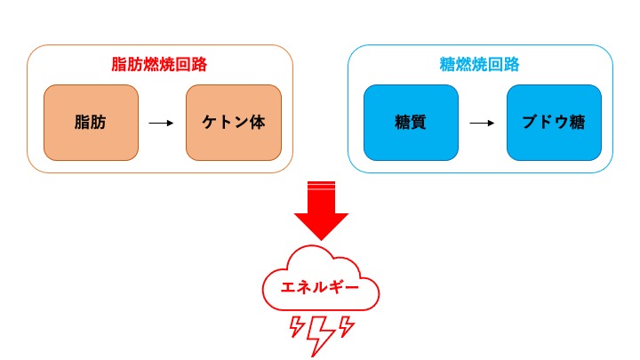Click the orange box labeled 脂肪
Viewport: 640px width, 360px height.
pyautogui.click(x=91, y=123)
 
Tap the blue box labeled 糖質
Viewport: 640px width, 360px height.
pyautogui.click(x=412, y=123)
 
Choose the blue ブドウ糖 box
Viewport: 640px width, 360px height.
pyautogui.click(x=554, y=123)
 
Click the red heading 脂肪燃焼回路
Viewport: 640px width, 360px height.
pyautogui.click(x=159, y=65)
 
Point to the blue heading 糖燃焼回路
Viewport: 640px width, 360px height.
pyautogui.click(x=480, y=65)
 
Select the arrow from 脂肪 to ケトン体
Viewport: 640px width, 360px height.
pyautogui.click(x=161, y=123)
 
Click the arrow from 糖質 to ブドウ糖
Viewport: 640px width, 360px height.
pyautogui.click(x=482, y=123)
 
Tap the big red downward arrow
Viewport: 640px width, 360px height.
pyautogui.click(x=321, y=213)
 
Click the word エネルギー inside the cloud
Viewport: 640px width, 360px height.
pyautogui.click(x=320, y=289)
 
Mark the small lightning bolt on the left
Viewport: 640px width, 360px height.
pyautogui.click(x=296, y=327)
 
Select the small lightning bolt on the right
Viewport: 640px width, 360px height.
pyautogui.click(x=346, y=327)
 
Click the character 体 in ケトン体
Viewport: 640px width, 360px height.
pyautogui.click(x=259, y=123)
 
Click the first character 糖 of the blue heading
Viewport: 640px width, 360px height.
pyautogui.click(x=448, y=65)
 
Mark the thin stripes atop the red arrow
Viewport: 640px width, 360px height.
pyautogui.click(x=321, y=184)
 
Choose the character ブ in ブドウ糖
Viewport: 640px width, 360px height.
pyautogui.click(x=528, y=123)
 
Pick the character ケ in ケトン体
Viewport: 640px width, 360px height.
pyautogui.click(x=208, y=123)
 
